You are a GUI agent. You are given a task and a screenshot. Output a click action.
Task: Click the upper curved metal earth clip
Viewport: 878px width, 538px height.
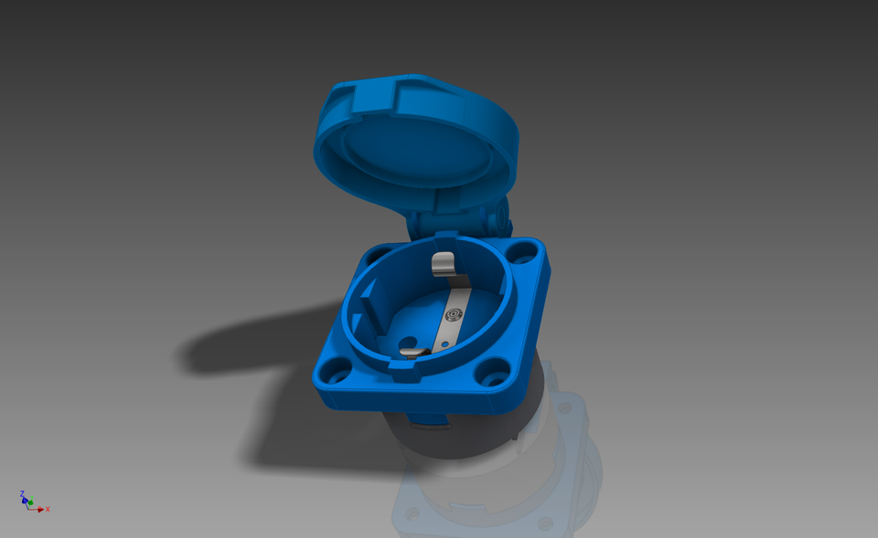coord(444,264)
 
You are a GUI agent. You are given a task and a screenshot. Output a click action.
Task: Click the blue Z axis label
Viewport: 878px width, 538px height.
coord(22,493)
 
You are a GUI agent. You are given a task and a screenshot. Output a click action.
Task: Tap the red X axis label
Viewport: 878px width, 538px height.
coord(48,509)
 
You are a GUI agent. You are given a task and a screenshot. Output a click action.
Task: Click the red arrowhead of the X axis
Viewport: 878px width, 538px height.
coord(40,509)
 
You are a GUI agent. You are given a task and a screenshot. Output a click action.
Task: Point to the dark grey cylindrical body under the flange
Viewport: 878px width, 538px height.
coord(457,438)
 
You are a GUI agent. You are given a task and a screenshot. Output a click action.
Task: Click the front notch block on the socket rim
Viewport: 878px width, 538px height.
coord(403,369)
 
